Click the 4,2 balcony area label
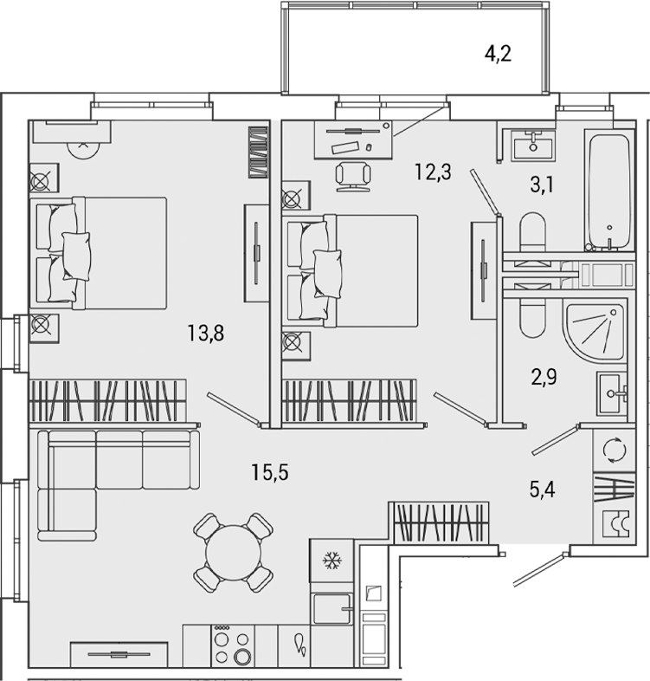[499, 55]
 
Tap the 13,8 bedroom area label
[206, 332]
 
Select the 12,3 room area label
[433, 172]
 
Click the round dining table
[233, 552]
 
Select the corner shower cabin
[595, 329]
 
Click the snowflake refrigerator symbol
[331, 561]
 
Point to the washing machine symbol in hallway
[613, 450]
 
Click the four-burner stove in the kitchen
[233, 646]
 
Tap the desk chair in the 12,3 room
[353, 174]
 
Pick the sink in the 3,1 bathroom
[532, 145]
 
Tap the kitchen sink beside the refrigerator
[331, 609]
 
